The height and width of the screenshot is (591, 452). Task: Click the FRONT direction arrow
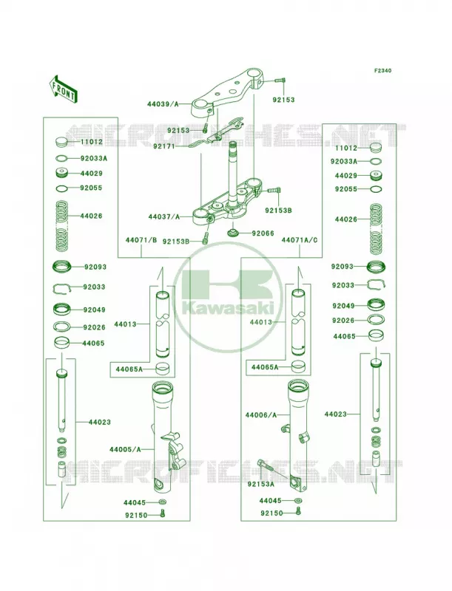(63, 89)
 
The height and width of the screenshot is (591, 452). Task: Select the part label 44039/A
(163, 104)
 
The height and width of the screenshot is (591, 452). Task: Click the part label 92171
(163, 146)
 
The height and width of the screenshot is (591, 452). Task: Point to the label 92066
(263, 233)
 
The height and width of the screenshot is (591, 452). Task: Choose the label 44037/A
(164, 216)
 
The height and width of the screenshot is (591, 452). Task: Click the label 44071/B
(141, 240)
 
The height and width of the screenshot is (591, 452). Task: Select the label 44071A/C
(300, 240)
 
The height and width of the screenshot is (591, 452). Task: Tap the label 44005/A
(125, 449)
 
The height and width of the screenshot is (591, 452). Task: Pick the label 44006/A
(261, 415)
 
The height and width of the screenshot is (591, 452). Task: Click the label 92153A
(260, 484)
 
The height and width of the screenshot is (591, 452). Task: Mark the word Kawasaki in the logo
(228, 307)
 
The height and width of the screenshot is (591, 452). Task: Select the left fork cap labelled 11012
(61, 142)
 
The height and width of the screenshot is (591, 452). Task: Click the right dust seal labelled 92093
(375, 267)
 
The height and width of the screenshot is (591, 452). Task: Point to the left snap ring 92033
(62, 288)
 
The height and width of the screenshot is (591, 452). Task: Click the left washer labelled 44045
(163, 502)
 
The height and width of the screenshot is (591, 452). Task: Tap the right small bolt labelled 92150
(298, 511)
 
